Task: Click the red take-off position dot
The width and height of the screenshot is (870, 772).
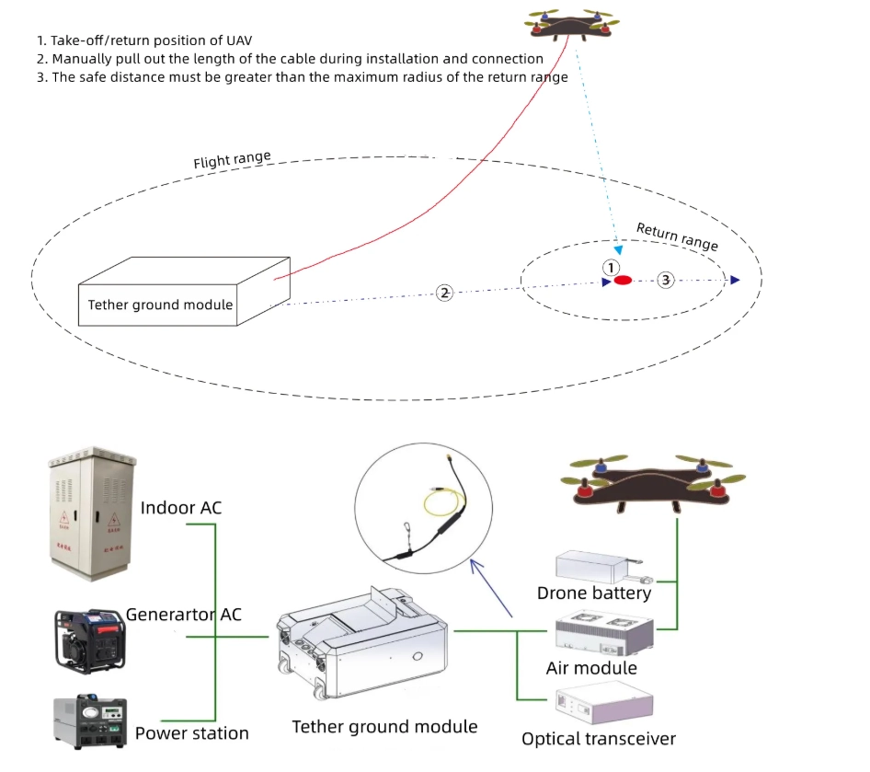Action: click(623, 280)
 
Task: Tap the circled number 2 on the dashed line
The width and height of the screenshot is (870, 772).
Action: click(444, 293)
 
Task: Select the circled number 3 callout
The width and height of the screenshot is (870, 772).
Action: click(667, 279)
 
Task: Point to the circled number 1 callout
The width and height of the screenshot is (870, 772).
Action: click(611, 267)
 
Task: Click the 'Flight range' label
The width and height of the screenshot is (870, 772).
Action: click(232, 161)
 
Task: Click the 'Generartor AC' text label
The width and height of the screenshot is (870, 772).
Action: click(184, 614)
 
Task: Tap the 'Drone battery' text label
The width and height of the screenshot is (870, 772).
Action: click(593, 593)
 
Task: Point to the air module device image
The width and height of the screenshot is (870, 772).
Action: click(604, 630)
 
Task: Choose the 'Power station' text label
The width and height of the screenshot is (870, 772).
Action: click(191, 733)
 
